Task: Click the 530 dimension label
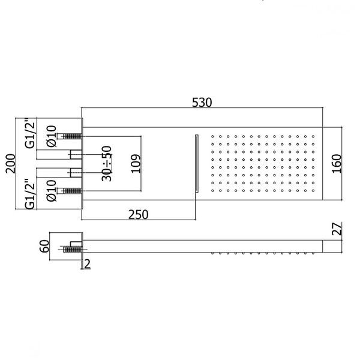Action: (x=202, y=103)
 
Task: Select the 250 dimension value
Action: (x=138, y=215)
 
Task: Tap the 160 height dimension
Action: (x=337, y=163)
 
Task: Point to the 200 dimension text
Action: (x=11, y=163)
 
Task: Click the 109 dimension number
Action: (x=136, y=163)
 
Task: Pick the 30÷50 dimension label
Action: (x=107, y=163)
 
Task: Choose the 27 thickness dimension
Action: (x=337, y=229)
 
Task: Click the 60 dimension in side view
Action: (x=44, y=246)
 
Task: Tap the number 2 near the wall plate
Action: (x=87, y=264)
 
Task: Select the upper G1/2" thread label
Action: (x=31, y=134)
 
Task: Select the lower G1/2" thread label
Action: (x=31, y=194)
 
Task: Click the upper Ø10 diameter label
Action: (x=51, y=136)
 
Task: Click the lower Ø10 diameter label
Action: (x=51, y=191)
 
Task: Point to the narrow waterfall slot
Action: (x=197, y=163)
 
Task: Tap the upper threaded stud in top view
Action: (x=73, y=136)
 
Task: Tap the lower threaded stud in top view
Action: (x=73, y=191)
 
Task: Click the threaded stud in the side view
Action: (x=73, y=250)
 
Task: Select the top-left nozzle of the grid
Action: (x=212, y=136)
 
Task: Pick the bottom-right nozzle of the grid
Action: (x=313, y=191)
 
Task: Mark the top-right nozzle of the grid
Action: (x=313, y=136)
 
